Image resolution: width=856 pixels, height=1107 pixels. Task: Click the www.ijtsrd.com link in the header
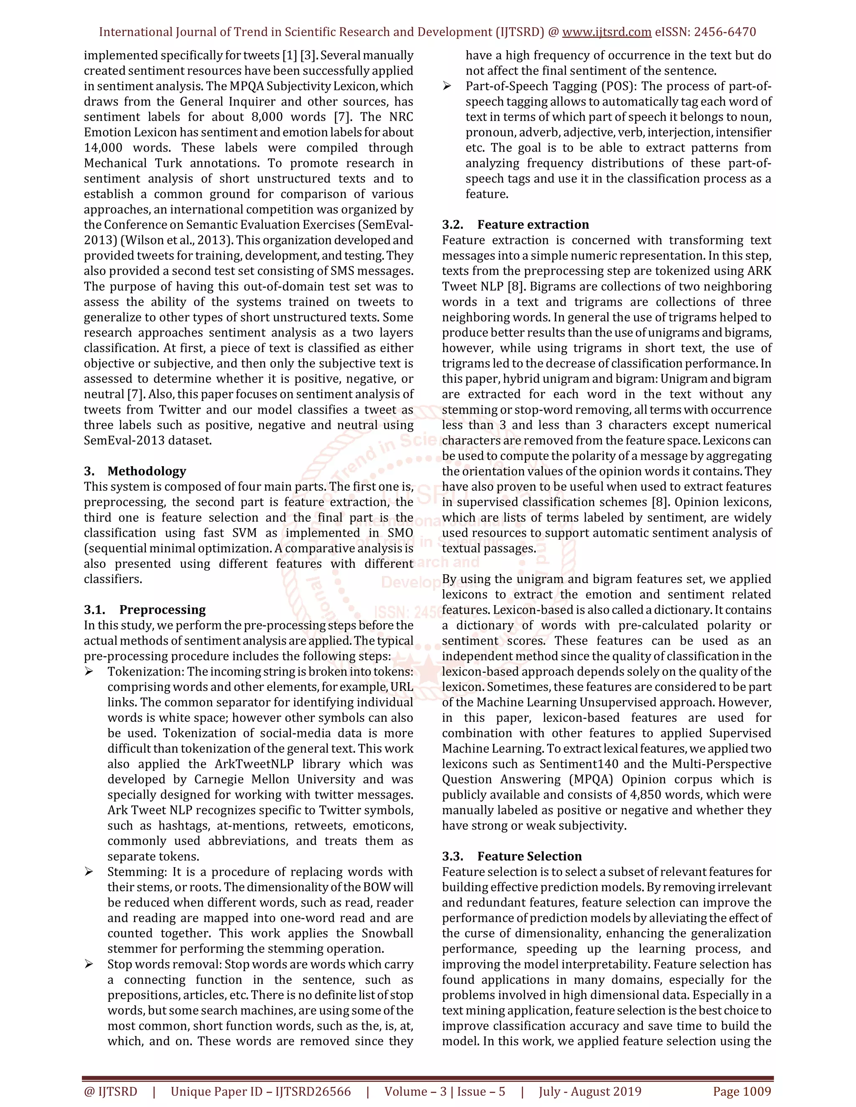(606, 32)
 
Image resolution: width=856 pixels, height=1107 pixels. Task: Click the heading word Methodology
(147, 471)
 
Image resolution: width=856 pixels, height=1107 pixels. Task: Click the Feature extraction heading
(532, 225)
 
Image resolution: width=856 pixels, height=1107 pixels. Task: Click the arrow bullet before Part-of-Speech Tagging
(447, 86)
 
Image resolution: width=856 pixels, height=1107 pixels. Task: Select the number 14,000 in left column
(103, 148)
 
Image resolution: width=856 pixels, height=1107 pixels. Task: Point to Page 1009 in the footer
(741, 1091)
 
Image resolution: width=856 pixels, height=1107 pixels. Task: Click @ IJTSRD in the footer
(110, 1091)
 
